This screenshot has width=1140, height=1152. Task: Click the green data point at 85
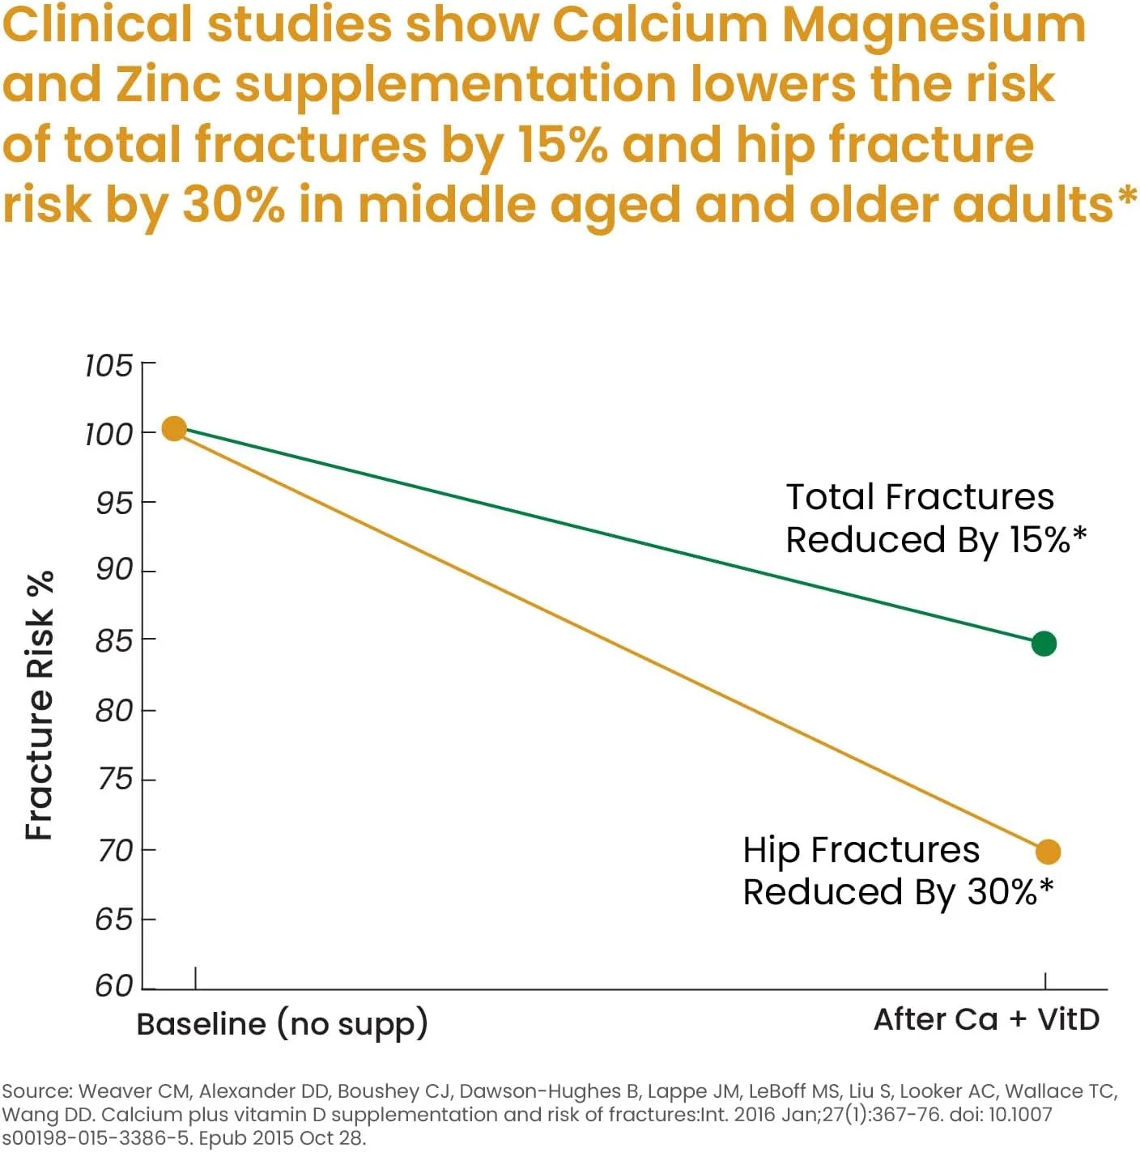(1044, 644)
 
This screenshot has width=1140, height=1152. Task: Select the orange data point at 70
(1048, 852)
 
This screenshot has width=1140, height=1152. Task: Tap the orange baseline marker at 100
(174, 428)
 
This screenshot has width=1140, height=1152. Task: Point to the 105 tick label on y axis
(108, 366)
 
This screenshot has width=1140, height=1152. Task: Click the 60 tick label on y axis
(113, 985)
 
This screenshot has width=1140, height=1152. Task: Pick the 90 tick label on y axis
(113, 570)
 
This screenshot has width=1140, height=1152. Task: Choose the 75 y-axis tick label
(113, 779)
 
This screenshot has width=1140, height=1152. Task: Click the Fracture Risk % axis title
(40, 705)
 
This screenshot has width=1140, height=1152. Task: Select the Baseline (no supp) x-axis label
(282, 1024)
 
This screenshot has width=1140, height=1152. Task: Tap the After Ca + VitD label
(986, 1019)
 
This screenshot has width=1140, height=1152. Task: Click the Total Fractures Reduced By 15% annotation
(935, 518)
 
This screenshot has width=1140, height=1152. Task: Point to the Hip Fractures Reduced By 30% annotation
(897, 871)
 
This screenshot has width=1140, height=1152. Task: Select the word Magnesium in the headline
(933, 24)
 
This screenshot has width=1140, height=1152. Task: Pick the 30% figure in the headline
(233, 204)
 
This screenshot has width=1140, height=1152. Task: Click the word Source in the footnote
(36, 1091)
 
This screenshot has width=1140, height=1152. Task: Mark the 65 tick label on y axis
(113, 920)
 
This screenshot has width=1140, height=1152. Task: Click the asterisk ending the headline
(1126, 196)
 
